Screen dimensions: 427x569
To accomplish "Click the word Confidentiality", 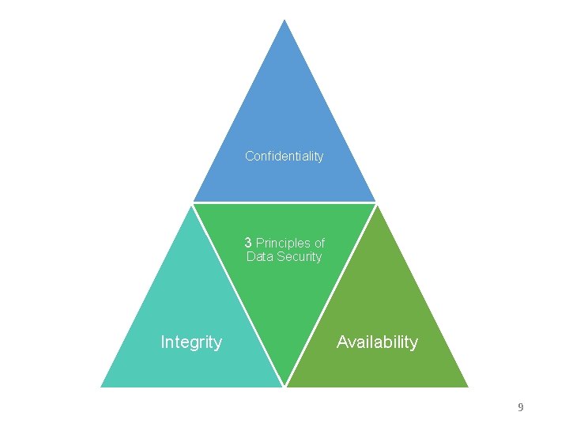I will pos(284,157).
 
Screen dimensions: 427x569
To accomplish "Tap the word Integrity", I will pos(191,342).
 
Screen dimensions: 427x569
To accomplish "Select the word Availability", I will pos(377,342).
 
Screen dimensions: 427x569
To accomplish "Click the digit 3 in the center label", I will pos(248,243).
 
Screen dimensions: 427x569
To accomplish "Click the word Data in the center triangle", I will pos(259,257).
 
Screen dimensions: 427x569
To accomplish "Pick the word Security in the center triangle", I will pos(298,257).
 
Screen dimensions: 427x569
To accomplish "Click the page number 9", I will pos(520,408).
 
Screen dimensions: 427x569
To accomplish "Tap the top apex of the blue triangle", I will pos(284,20).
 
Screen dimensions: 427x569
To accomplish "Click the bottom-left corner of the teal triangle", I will pos(102,386).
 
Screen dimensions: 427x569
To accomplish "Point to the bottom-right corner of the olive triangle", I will pos(467,386).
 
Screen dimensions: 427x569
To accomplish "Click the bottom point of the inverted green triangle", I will pos(284,385).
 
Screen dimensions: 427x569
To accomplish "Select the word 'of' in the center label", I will pos(318,243).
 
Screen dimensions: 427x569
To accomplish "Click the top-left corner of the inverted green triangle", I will pos(194,205).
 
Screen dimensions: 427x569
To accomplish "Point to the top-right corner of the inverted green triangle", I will pos(375,205).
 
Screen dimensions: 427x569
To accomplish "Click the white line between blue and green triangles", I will pos(284,202).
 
